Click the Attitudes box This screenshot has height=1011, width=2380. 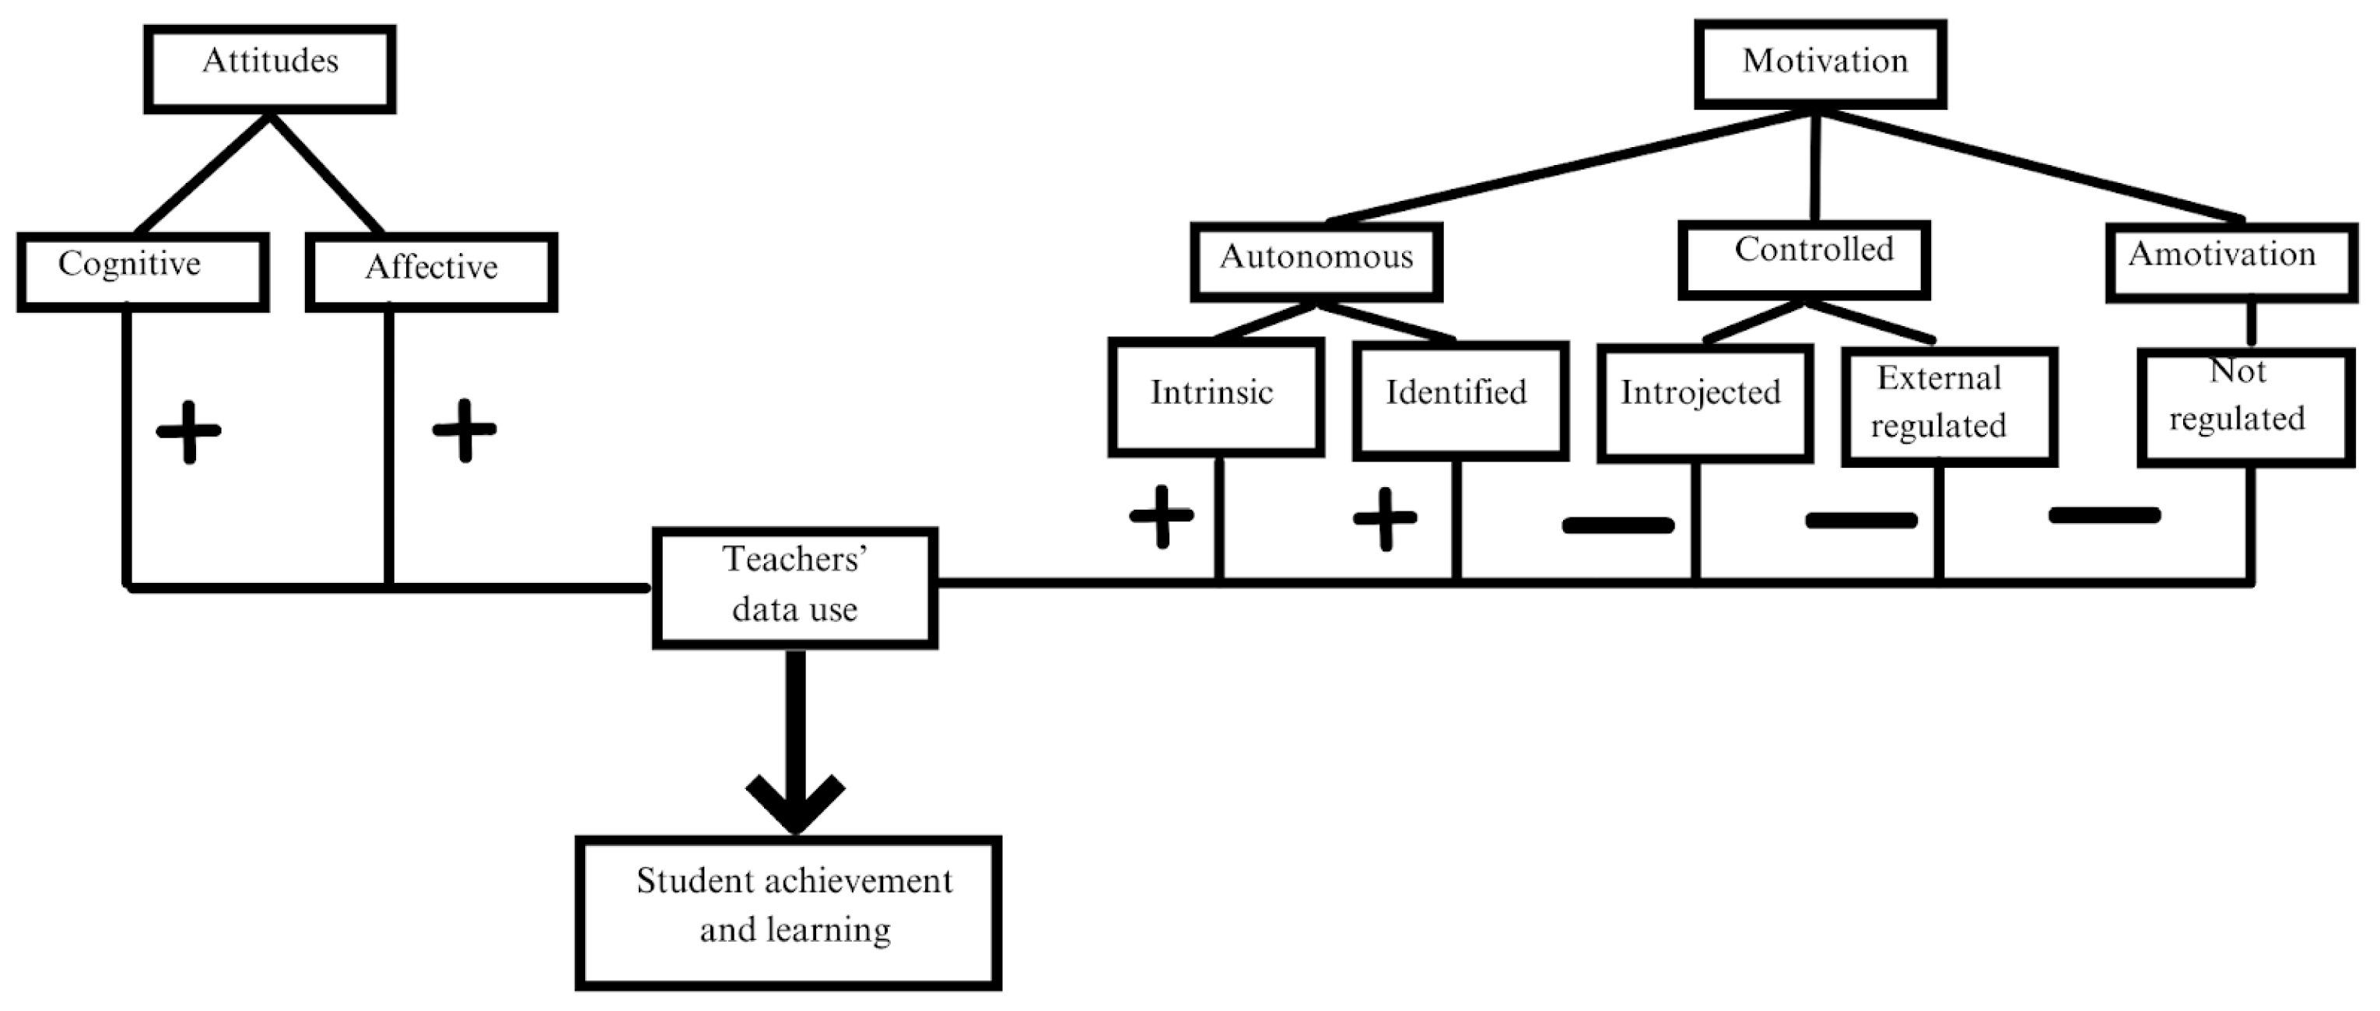[x=270, y=69]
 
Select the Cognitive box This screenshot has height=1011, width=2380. [x=142, y=271]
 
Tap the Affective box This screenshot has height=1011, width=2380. [x=432, y=272]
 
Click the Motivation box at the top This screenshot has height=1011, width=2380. [x=1820, y=64]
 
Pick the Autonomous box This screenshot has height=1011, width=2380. [x=1316, y=262]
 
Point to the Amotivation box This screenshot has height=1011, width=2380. [x=2231, y=262]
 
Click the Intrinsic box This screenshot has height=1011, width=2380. [x=1216, y=398]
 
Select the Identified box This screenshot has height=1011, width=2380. [x=1460, y=400]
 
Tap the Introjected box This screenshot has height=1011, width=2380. [x=1705, y=403]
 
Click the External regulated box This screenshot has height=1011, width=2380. [x=1948, y=406]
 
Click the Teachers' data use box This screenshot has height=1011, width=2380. [x=794, y=588]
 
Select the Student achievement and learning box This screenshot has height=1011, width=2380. [x=788, y=912]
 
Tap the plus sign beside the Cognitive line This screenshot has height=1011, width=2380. [x=188, y=430]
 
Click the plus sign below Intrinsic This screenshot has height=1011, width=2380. [x=1162, y=516]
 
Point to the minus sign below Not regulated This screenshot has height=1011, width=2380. [x=2105, y=514]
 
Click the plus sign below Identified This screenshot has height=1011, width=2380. [x=1385, y=518]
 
